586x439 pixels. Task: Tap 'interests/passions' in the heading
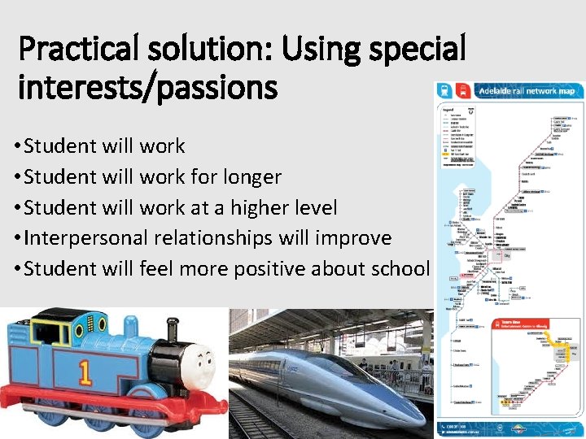[147, 86]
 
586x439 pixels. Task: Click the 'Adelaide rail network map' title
[525, 90]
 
